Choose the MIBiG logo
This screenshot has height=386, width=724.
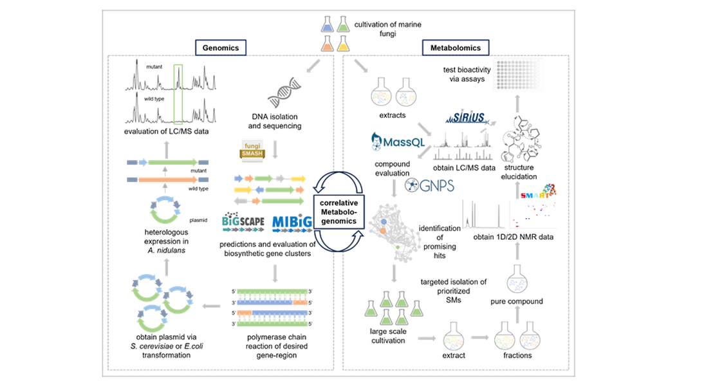tap(293, 223)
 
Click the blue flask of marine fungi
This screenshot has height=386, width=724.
tap(328, 25)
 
